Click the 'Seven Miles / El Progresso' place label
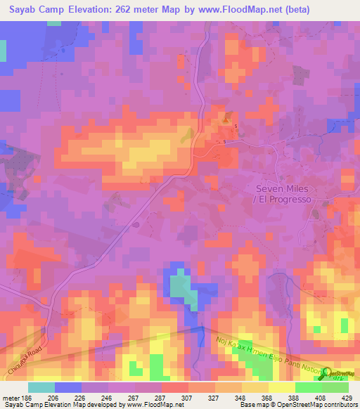tap(283, 194)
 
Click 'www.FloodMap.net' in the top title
tap(237, 10)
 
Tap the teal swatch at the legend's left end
tap(41, 387)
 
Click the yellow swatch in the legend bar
tap(282, 387)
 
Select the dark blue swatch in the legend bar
tap(68, 387)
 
